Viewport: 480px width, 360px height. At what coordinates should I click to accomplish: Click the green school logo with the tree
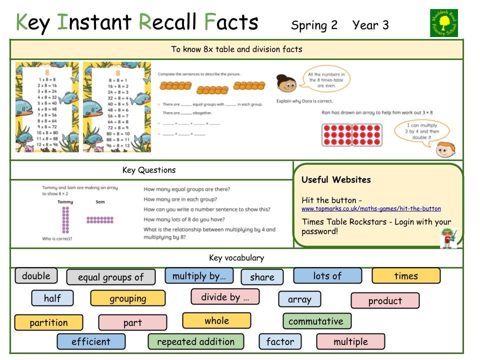pos(444,23)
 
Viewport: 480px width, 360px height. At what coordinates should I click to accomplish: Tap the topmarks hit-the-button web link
pos(371,208)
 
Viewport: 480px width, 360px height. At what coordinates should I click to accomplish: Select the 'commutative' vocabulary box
pos(316,321)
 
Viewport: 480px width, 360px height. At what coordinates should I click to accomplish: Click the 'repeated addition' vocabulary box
pos(195,342)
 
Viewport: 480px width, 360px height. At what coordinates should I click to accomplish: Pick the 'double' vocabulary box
pos(36,276)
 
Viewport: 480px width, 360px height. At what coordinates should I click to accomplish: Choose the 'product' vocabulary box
pos(385,301)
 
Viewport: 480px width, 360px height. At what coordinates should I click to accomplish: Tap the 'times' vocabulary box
pos(405,276)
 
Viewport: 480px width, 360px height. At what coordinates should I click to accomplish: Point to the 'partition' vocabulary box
pos(48,322)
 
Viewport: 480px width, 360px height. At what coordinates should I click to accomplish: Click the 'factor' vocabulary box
pos(280,342)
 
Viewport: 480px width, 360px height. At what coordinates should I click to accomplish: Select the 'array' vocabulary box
pos(299,299)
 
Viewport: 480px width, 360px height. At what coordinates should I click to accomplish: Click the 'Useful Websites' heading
pos(336,179)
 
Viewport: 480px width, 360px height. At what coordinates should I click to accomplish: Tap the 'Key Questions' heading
pos(149,170)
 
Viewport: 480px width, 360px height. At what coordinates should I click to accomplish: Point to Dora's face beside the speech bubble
pos(286,83)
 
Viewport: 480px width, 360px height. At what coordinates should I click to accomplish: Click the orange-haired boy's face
pos(442,148)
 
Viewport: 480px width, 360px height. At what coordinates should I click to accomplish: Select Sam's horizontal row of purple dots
pos(100,219)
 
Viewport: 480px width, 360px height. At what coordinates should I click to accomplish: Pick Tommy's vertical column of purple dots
pos(65,220)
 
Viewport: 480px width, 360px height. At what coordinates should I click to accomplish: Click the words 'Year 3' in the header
pos(370,25)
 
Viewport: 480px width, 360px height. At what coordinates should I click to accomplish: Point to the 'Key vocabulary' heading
pos(236,258)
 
